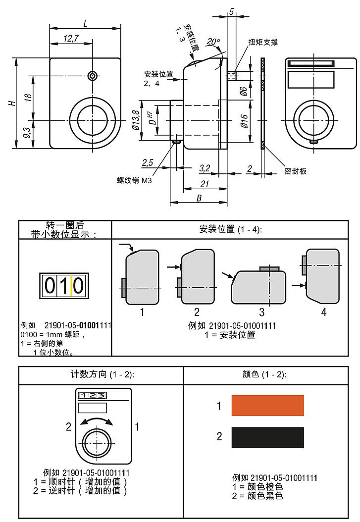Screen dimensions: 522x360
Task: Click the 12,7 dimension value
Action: point(71,39)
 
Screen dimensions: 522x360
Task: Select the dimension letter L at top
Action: point(86,23)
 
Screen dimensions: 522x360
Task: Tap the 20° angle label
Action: point(213,42)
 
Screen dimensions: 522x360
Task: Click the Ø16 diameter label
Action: point(243,120)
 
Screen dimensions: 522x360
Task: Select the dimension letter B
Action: point(199,198)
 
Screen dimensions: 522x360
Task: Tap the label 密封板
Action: point(295,171)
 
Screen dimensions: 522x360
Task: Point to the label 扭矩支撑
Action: point(263,42)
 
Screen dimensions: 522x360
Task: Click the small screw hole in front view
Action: point(92,76)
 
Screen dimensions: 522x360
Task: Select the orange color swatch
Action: point(267,405)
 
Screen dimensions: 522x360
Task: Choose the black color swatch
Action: point(267,437)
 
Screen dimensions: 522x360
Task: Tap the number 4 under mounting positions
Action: point(324,313)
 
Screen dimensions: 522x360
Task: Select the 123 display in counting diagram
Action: point(92,395)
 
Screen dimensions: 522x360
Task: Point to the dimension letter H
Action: point(11,103)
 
